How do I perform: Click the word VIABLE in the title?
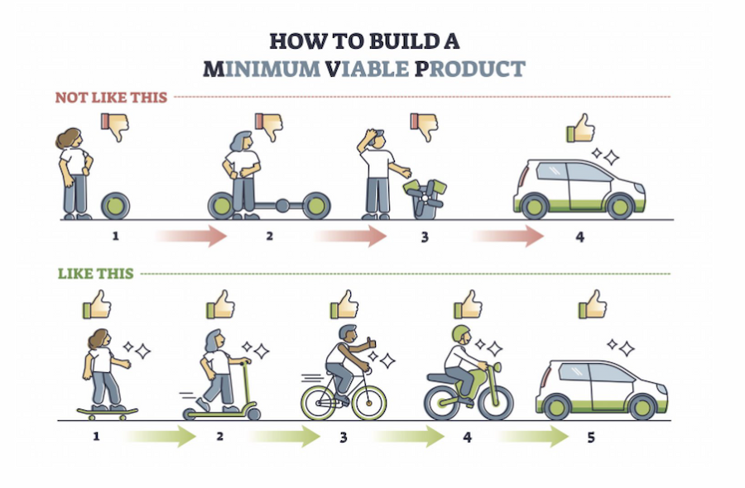coord(367,68)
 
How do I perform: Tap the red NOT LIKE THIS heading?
coord(111,98)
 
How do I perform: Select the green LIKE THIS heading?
coord(95,274)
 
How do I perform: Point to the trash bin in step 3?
coord(422,199)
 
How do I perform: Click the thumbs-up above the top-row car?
coord(581,130)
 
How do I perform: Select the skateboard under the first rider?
coord(107,409)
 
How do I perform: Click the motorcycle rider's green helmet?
coord(460,333)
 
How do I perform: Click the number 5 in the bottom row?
coord(590,436)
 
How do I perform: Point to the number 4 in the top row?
coord(579,237)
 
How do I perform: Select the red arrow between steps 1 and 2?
coord(191,237)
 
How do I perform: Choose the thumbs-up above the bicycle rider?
coord(344,305)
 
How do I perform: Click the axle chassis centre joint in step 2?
coord(281,204)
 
